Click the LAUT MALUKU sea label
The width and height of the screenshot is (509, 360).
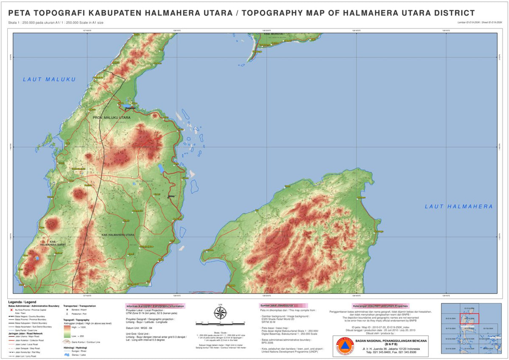click(x=49, y=79)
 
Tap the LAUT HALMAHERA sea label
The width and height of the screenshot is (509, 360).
click(x=459, y=207)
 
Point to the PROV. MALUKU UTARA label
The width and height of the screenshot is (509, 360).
click(x=109, y=117)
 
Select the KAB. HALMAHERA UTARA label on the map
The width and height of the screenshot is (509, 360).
click(x=118, y=235)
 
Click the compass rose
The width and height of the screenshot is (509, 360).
click(x=220, y=313)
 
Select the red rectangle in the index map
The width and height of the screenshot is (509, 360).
click(x=470, y=318)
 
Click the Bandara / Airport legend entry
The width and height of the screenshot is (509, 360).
click(x=75, y=310)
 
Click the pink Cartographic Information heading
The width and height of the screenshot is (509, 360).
click(x=156, y=306)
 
